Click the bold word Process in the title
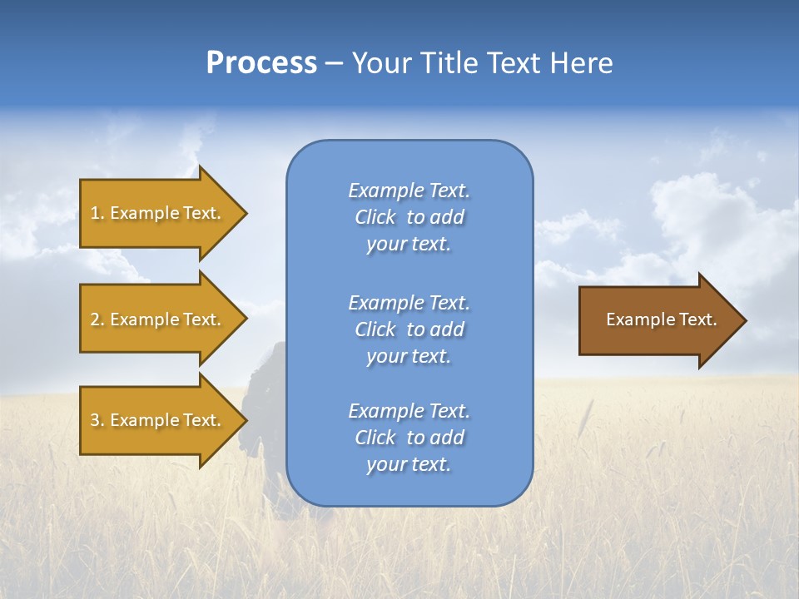261,63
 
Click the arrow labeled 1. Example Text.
158,213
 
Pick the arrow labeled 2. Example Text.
158,319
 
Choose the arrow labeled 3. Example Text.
158,420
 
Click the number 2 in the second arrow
95,319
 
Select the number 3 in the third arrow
95,420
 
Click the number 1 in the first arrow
95,213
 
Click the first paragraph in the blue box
409,217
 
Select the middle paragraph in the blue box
409,329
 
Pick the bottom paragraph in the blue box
409,438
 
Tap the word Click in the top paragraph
375,217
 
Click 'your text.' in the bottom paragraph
409,464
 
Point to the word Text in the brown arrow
698,319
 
